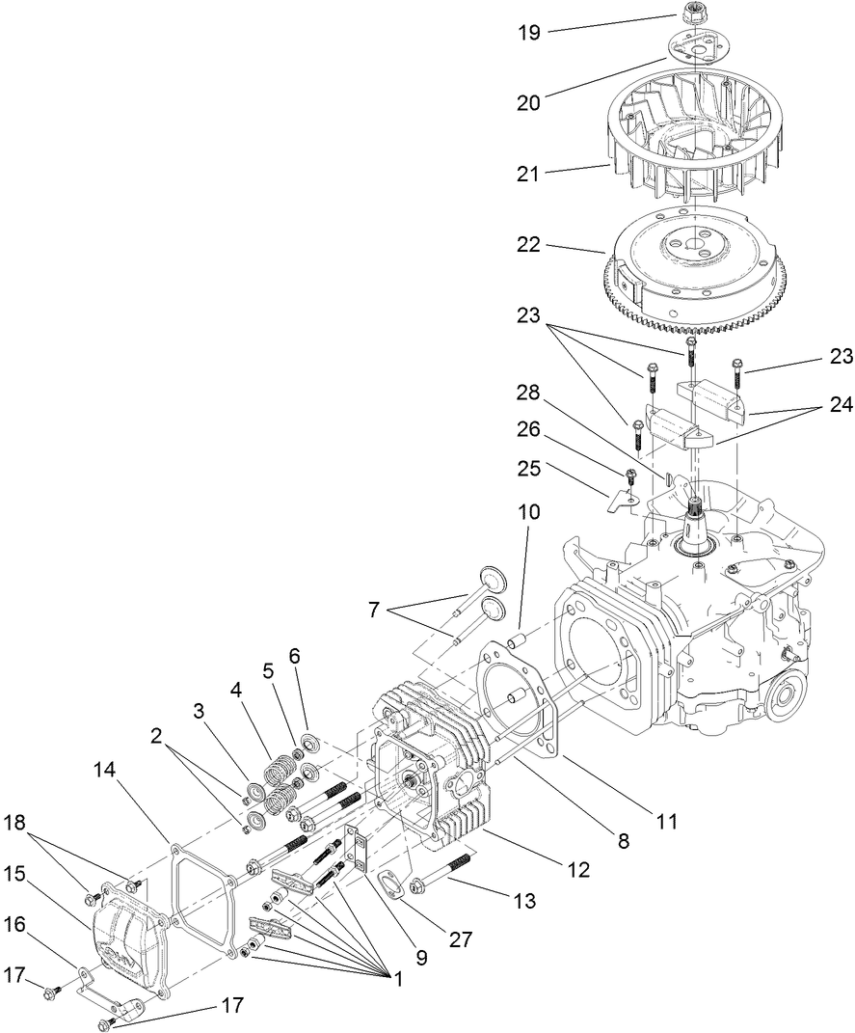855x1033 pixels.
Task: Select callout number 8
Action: coord(623,841)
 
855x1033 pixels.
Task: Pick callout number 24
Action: coord(840,406)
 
